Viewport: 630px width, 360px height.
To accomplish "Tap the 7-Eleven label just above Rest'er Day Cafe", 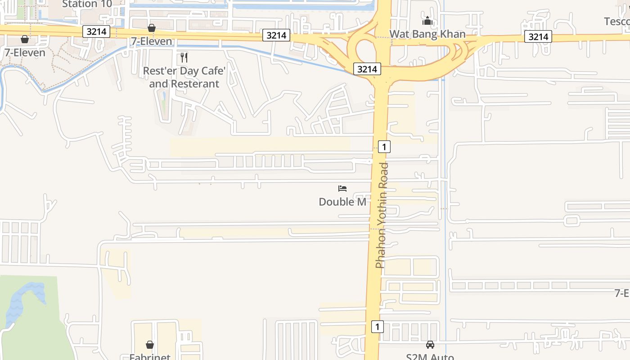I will pos(152,41).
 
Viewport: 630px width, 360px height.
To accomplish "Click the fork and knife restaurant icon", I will pos(184,57).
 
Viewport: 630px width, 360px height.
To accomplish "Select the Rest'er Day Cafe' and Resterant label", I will pos(184,77).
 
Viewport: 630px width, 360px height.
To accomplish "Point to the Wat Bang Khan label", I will pos(427,34).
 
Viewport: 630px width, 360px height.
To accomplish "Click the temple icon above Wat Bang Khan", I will pos(427,21).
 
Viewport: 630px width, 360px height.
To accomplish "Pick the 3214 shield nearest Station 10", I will pos(96,31).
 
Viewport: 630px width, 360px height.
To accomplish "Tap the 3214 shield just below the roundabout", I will pos(367,69).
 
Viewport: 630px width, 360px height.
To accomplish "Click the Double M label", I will pos(342,202).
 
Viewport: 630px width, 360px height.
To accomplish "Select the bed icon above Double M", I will pos(342,188).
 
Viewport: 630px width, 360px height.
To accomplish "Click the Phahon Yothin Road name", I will pos(382,215).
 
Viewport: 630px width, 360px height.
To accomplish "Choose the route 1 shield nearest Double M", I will pos(384,146).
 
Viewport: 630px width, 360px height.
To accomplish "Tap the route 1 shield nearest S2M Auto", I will pos(377,326).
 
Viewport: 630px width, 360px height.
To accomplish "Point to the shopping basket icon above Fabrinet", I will pos(150,345).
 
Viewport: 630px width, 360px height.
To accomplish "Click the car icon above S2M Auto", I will pos(430,345).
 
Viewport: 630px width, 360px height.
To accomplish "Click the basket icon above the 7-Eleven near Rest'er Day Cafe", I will pos(152,28).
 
